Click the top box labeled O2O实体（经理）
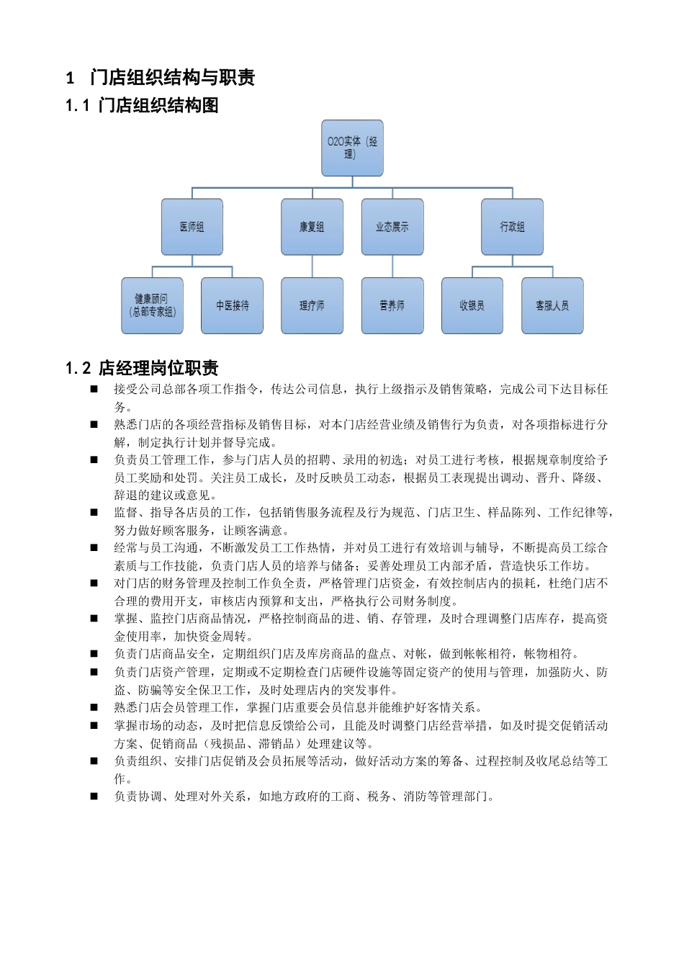point(352,148)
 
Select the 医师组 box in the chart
point(192,227)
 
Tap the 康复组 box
point(312,227)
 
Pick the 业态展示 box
point(392,227)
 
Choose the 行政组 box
point(512,227)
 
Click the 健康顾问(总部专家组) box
point(153,305)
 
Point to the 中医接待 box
point(232,305)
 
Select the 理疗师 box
point(312,305)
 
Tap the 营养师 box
point(392,305)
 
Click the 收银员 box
point(472,305)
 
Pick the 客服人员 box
point(552,305)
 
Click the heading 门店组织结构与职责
point(173,78)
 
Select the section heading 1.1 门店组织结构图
point(142,106)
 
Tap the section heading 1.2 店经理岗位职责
point(142,369)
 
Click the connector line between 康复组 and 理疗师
point(312,266)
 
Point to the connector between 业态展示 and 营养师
point(392,266)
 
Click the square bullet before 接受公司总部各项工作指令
point(94,390)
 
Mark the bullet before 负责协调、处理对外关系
point(94,797)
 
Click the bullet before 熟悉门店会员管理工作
point(94,707)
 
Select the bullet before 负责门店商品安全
point(94,654)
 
